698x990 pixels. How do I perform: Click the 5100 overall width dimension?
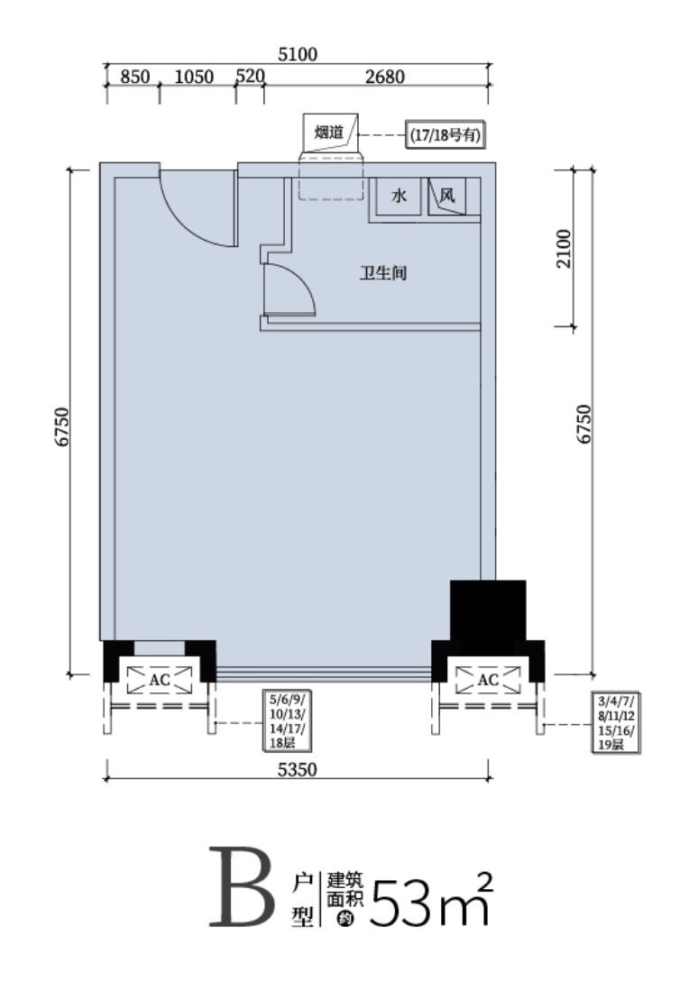click(x=298, y=54)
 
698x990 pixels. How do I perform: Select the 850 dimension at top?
click(x=135, y=77)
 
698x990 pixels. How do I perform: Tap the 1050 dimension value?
click(x=194, y=77)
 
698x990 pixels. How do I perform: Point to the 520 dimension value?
click(x=250, y=77)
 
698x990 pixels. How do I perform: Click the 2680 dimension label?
click(x=385, y=77)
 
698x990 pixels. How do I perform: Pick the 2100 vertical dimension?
click(x=564, y=249)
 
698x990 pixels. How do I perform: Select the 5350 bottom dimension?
click(x=298, y=770)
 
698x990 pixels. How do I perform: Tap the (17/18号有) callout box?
click(x=445, y=135)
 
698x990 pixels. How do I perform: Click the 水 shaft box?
click(x=400, y=197)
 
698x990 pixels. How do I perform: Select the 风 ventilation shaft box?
click(x=447, y=197)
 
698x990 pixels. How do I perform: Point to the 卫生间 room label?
click(x=383, y=273)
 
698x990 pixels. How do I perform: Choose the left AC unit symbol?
click(x=160, y=680)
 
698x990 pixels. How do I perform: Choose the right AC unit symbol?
click(x=488, y=680)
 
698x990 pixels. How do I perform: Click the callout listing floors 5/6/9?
click(x=288, y=721)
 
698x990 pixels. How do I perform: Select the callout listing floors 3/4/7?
click(x=616, y=721)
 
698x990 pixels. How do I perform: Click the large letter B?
click(x=242, y=888)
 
